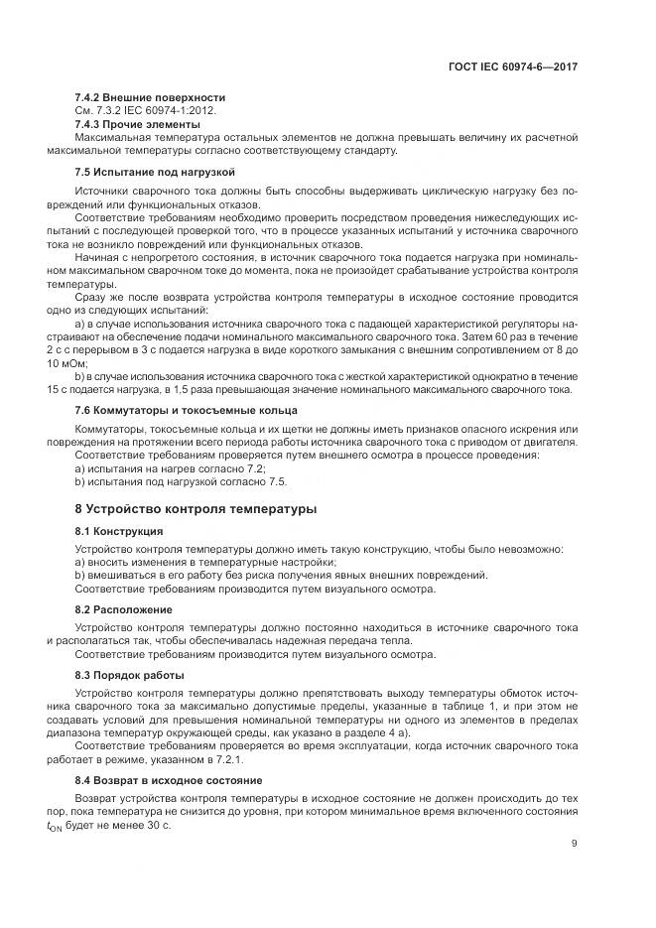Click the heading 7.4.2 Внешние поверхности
pos(150,97)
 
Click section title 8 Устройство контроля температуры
pos(196,509)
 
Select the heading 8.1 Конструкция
pos(119,531)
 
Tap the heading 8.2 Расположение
pos(123,608)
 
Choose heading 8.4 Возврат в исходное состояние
pos(167,779)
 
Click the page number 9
pos(575,845)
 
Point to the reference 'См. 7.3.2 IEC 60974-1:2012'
pos(147,110)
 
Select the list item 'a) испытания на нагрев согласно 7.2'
pos(170,467)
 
